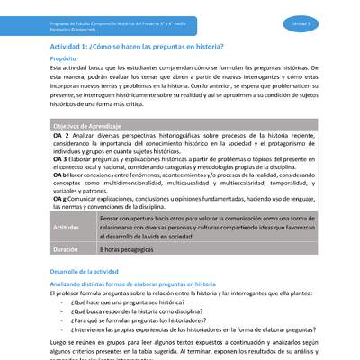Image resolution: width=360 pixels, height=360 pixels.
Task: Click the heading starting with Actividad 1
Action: (138, 43)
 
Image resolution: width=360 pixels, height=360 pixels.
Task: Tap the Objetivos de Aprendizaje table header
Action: (88, 126)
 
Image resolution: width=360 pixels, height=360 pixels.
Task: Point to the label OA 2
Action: (60, 135)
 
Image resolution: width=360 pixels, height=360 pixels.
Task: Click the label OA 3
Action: (60, 159)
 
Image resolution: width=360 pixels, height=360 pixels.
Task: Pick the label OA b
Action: (60, 175)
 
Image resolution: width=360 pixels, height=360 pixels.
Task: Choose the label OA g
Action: (60, 200)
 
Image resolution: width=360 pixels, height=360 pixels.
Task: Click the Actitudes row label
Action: (67, 229)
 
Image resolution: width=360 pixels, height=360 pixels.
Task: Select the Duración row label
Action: (66, 249)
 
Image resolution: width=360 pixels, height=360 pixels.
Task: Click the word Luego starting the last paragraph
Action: (59, 345)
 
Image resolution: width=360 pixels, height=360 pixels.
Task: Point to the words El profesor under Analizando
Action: (66, 292)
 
